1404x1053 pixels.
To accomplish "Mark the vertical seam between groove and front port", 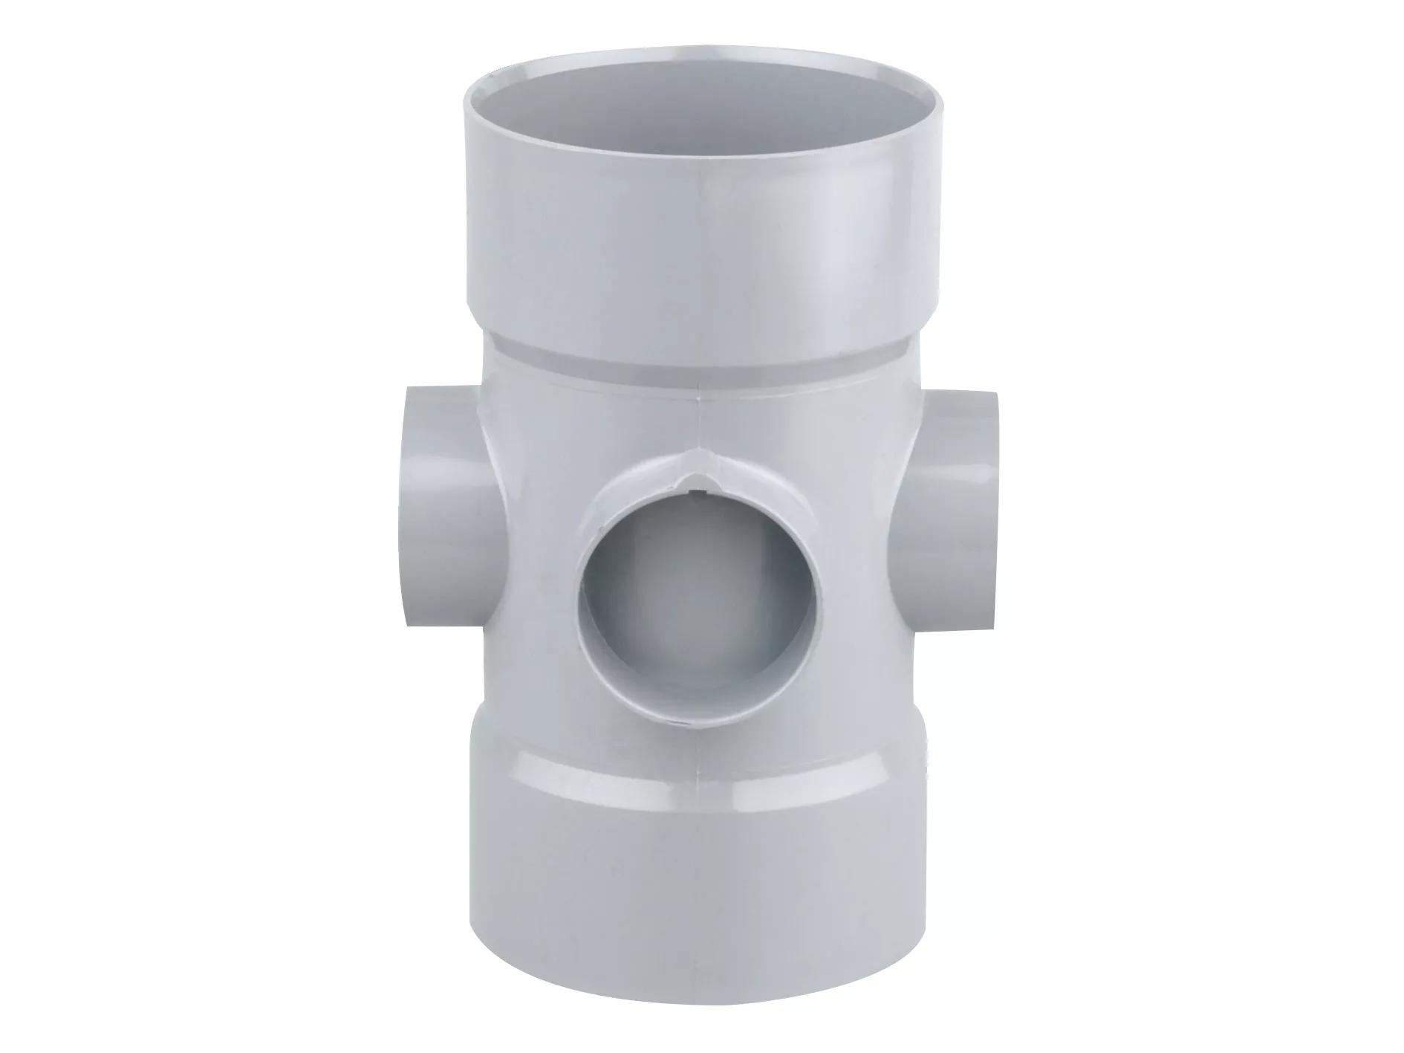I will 699,424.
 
